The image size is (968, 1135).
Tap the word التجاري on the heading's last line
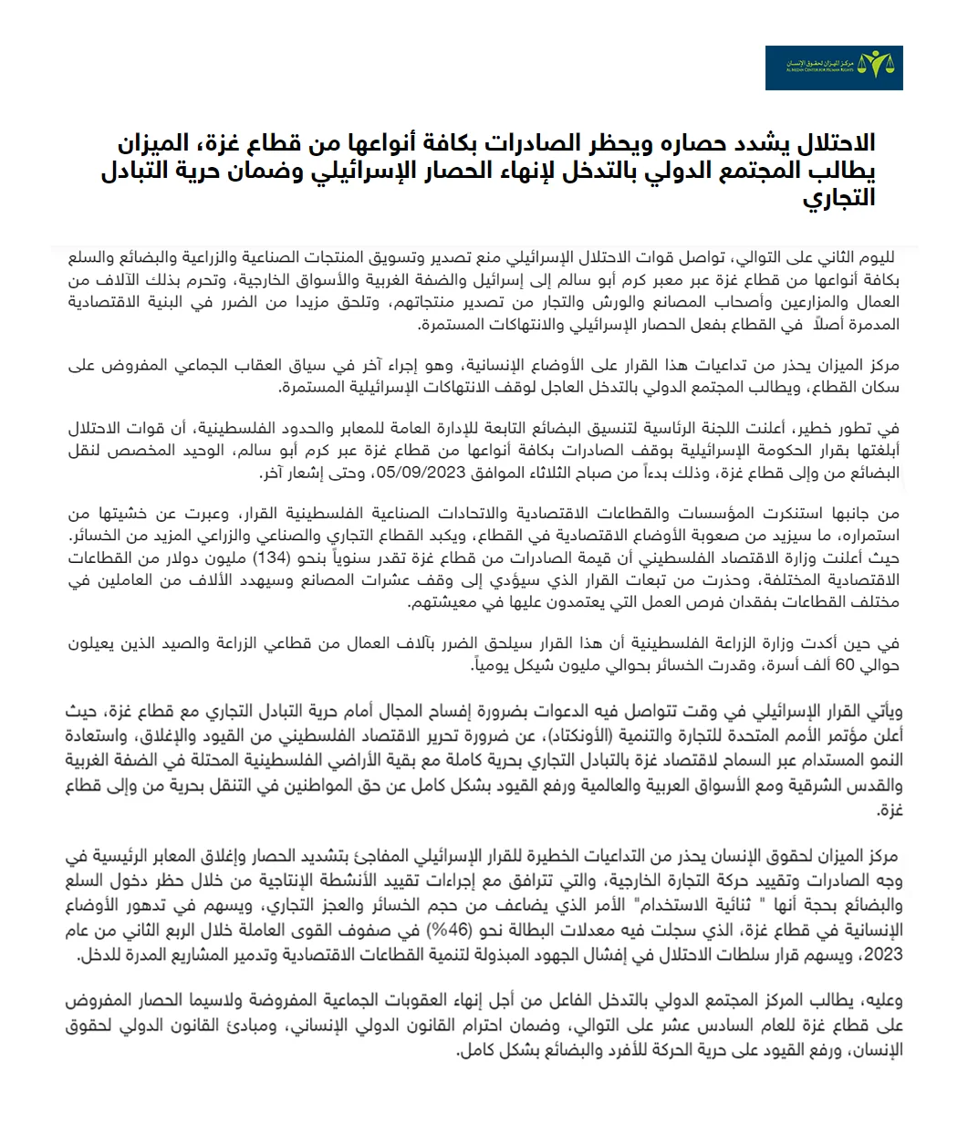pos(839,197)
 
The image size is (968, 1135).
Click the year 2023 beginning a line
pos(884,955)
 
